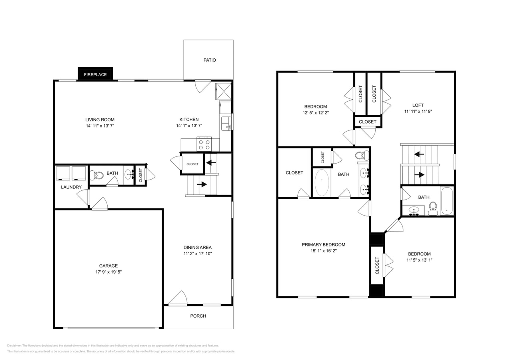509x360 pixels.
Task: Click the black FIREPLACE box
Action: [x=95, y=74]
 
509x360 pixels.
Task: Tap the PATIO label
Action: [x=209, y=60]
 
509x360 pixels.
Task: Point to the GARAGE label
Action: [x=108, y=266]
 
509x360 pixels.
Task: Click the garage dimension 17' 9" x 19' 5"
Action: [x=108, y=272]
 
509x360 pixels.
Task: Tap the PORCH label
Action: [x=198, y=316]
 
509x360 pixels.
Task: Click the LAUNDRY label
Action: [x=71, y=187]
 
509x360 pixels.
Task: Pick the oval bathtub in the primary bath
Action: [x=322, y=183]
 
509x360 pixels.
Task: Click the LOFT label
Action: [x=418, y=105]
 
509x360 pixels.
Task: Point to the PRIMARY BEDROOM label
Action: [x=323, y=244]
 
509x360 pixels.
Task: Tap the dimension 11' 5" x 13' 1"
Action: [x=419, y=260]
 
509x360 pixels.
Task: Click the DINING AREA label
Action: [x=198, y=247]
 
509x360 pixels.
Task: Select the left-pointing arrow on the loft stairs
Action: [x=419, y=154]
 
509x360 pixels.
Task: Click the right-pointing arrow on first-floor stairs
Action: [x=202, y=184]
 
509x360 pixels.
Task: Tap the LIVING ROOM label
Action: [x=100, y=120]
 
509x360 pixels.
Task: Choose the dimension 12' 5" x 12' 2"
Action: [x=315, y=113]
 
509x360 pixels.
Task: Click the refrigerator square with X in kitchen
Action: [x=224, y=91]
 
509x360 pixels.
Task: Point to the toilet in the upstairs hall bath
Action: [x=433, y=207]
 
